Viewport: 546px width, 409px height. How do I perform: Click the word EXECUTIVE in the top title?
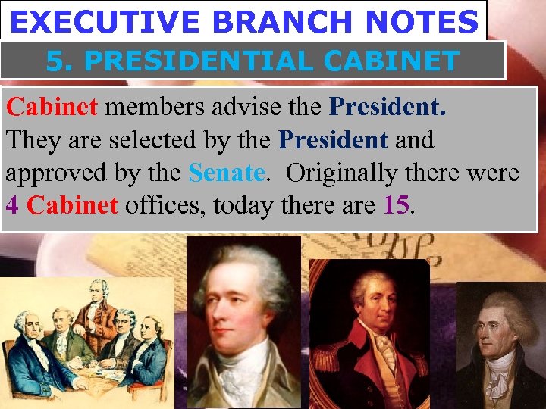coord(105,23)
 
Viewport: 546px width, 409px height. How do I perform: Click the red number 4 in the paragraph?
coord(12,204)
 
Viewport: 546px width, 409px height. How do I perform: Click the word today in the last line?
coord(246,204)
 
